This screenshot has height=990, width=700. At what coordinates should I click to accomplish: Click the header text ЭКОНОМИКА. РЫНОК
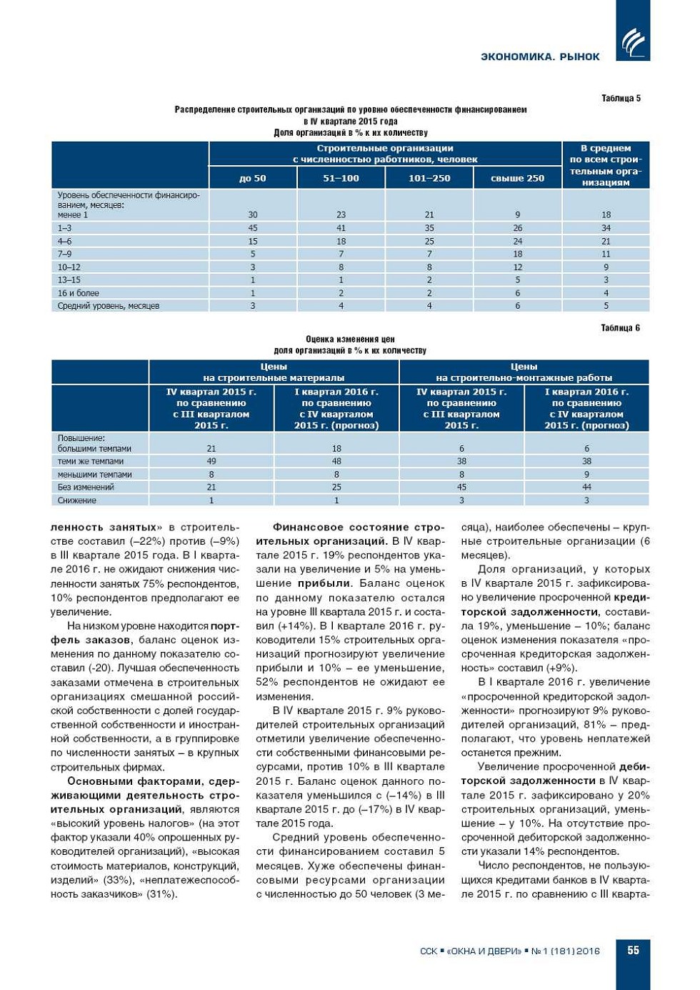pyautogui.click(x=540, y=56)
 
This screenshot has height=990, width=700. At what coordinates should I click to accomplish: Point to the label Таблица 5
pyautogui.click(x=621, y=99)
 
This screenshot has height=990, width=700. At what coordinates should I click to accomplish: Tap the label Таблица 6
pyautogui.click(x=620, y=328)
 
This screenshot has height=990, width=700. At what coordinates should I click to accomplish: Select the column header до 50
pyautogui.click(x=253, y=178)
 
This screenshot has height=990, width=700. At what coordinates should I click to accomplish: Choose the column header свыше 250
pyautogui.click(x=517, y=178)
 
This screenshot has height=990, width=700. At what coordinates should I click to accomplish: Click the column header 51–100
pyautogui.click(x=341, y=178)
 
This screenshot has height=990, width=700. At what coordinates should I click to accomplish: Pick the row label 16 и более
pyautogui.click(x=79, y=293)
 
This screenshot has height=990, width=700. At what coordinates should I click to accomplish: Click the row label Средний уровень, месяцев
pyautogui.click(x=109, y=306)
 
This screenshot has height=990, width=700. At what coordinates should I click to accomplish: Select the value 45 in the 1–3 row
pyautogui.click(x=253, y=228)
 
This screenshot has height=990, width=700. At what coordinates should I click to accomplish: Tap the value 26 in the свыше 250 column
pyautogui.click(x=517, y=228)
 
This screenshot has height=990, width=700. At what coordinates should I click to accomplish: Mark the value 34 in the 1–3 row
pyautogui.click(x=606, y=228)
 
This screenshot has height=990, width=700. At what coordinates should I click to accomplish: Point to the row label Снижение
pyautogui.click(x=77, y=500)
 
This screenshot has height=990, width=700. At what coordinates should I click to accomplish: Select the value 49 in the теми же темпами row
pyautogui.click(x=211, y=461)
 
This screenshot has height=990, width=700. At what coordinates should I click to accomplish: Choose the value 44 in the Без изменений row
pyautogui.click(x=586, y=487)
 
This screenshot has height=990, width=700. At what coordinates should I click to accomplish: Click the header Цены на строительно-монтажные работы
pyautogui.click(x=524, y=372)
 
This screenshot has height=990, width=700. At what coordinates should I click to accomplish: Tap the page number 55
pyautogui.click(x=633, y=950)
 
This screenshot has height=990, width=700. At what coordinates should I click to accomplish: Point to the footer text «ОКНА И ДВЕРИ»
pyautogui.click(x=484, y=951)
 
